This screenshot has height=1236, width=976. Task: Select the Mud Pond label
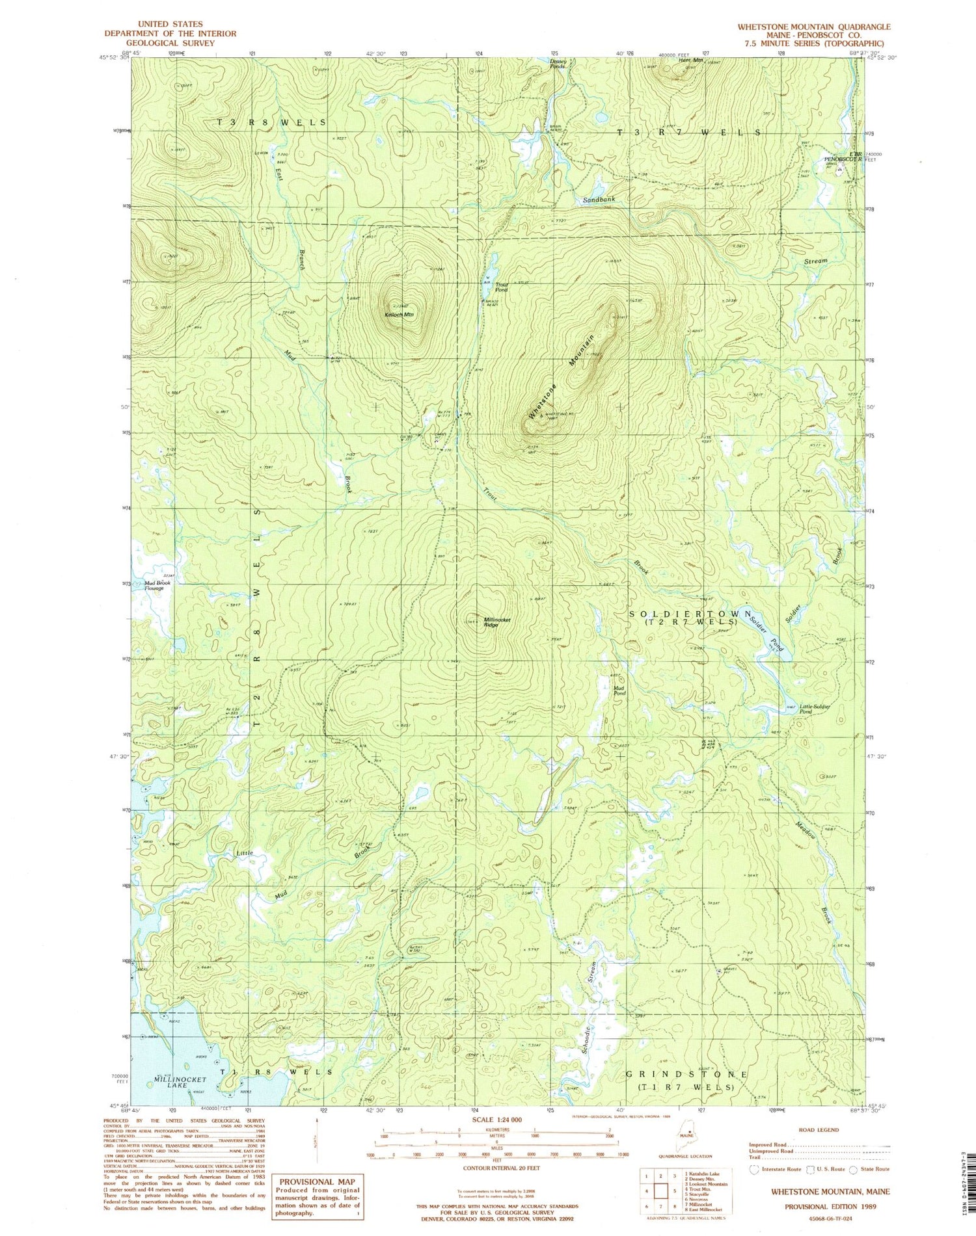pyautogui.click(x=619, y=690)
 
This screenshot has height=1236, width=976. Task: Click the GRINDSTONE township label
pyautogui.click(x=686, y=1074)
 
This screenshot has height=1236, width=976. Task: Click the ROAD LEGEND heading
pyautogui.click(x=819, y=1130)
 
